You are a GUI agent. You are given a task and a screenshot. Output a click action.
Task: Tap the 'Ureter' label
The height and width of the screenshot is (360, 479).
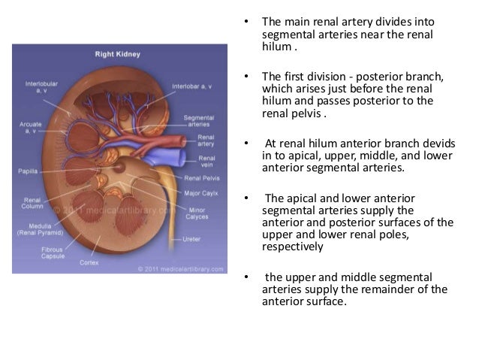click(x=192, y=239)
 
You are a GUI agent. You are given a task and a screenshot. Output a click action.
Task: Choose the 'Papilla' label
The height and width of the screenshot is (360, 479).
click(x=27, y=171)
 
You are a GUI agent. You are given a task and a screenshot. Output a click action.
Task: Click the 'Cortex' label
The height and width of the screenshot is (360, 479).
click(x=89, y=262)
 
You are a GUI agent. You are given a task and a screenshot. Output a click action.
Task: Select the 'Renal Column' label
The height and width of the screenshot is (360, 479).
click(x=32, y=204)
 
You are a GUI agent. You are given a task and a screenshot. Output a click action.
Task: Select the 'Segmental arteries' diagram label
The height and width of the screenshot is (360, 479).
click(x=200, y=122)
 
